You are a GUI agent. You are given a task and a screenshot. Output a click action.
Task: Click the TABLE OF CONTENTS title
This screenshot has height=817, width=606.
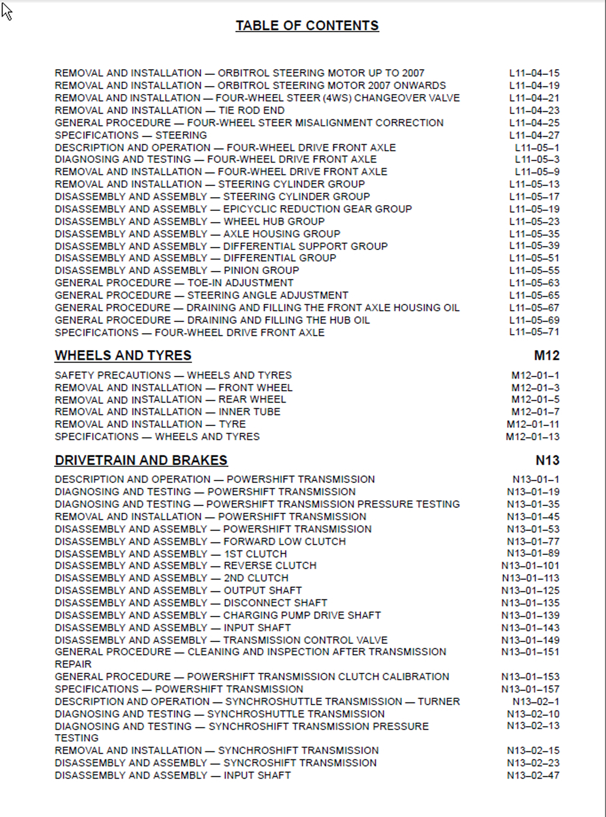point(307,25)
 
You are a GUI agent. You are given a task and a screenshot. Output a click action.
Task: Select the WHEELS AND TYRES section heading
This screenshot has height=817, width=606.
point(123,355)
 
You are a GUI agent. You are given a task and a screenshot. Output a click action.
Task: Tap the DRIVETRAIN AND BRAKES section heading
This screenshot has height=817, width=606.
point(141,460)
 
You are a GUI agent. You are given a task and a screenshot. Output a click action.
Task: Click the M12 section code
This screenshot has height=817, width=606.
point(547,355)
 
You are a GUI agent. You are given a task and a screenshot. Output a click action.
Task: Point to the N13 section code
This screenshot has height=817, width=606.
point(547,460)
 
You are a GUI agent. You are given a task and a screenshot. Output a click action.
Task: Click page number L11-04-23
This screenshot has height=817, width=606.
point(534,110)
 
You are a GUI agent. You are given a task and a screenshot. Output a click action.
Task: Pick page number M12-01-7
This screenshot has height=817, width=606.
point(535,412)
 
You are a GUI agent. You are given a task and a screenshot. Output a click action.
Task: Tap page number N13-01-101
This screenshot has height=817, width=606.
point(530,565)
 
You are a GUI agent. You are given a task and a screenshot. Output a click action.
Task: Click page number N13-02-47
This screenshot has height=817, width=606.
point(533,775)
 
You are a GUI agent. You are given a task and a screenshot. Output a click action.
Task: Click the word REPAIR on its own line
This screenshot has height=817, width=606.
point(73,664)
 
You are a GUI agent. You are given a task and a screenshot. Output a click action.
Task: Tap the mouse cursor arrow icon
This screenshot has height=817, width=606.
point(7,12)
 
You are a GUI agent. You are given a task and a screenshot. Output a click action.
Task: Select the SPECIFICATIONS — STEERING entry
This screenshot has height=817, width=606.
point(131,135)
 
